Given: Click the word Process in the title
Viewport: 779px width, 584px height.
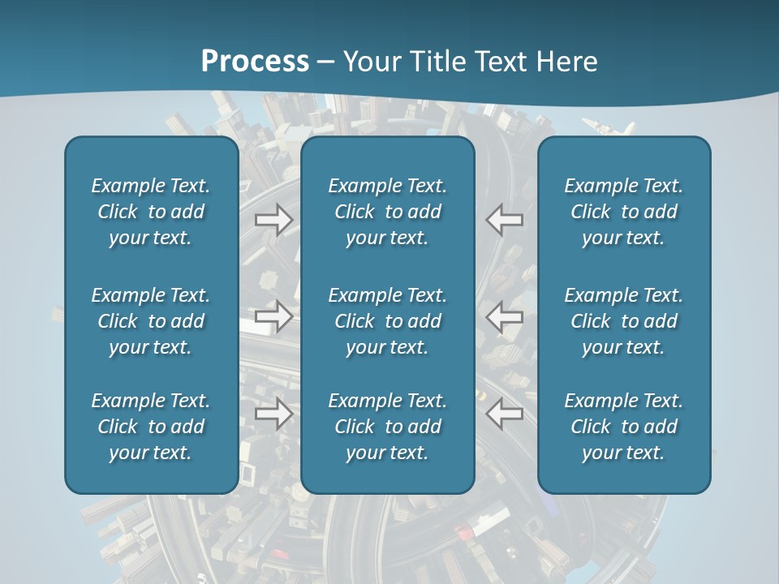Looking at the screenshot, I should (255, 61).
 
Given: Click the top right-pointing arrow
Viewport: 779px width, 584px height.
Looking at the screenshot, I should (274, 220).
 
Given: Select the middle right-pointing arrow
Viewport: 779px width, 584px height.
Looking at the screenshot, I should (274, 316).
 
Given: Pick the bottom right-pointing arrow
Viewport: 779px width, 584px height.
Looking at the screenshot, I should (274, 414).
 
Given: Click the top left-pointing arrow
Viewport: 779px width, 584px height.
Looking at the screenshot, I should (505, 220).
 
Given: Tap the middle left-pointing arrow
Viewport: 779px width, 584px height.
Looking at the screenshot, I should (505, 316).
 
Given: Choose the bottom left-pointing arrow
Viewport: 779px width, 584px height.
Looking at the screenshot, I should (505, 414).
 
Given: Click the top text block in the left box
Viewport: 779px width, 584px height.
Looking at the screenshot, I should (151, 212).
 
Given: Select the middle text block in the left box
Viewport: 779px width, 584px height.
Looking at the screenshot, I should (151, 321).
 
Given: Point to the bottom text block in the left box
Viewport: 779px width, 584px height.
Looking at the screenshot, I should (151, 427).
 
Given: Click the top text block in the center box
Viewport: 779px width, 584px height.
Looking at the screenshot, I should (388, 212).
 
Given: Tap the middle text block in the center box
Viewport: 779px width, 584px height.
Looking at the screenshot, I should (388, 321).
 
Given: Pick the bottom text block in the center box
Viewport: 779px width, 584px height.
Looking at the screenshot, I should (388, 427).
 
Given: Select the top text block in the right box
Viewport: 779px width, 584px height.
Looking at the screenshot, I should (624, 212).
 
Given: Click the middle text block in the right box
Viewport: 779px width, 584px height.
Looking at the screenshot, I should (624, 321).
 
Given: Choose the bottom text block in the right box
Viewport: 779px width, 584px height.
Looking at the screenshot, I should (624, 427).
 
